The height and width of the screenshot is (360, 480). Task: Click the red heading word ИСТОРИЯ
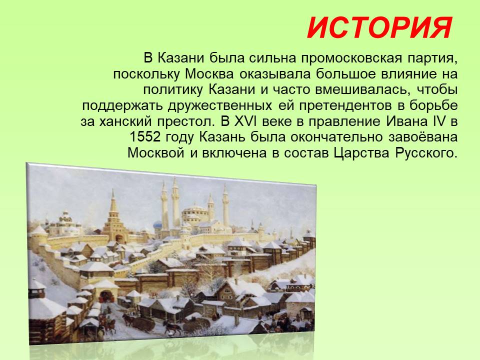379,28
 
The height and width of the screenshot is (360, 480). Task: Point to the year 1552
145,137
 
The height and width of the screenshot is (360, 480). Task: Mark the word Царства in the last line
361,153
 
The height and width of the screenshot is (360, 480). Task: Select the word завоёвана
423,137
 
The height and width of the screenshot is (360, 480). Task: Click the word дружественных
220,105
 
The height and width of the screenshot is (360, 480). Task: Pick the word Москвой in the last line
155,153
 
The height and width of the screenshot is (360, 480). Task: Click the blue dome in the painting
157,226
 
